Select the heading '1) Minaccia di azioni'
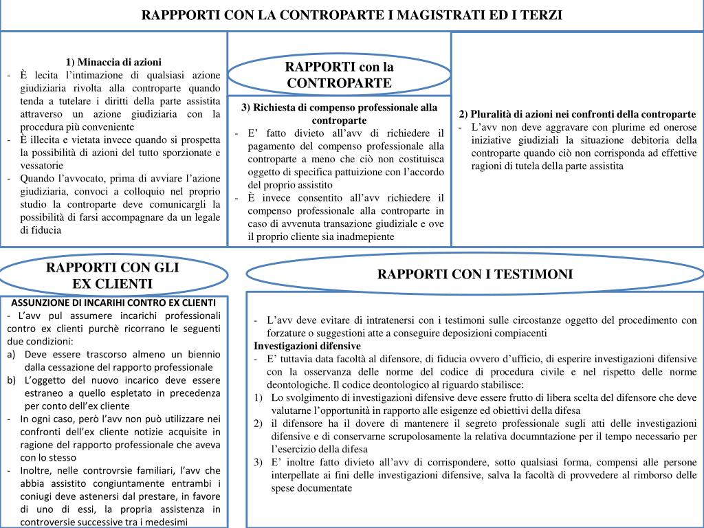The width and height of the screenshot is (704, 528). pyautogui.click(x=114, y=62)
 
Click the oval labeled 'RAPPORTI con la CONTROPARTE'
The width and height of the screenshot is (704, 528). pyautogui.click(x=339, y=75)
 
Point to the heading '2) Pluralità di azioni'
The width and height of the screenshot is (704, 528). pyautogui.click(x=577, y=114)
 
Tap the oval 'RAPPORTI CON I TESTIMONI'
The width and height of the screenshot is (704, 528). pyautogui.click(x=474, y=274)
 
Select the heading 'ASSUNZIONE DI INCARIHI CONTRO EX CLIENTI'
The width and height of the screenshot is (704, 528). pyautogui.click(x=113, y=302)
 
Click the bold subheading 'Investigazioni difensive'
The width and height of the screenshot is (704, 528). pyautogui.click(x=307, y=345)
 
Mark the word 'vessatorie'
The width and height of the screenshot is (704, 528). pyautogui.click(x=42, y=166)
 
